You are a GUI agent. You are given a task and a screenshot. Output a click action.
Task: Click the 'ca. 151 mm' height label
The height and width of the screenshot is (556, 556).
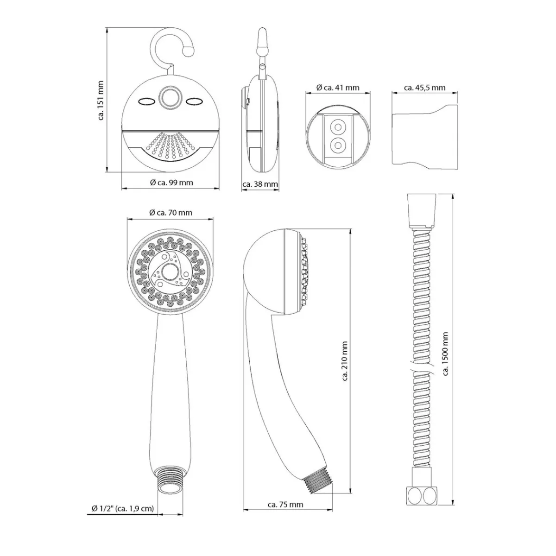(101, 100)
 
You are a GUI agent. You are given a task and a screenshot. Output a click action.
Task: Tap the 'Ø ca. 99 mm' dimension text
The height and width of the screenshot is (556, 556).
(171, 183)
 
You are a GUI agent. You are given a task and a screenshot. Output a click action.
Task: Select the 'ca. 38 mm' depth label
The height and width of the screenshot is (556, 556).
(260, 184)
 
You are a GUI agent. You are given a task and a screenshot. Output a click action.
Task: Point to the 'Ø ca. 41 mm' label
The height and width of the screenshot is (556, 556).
(338, 88)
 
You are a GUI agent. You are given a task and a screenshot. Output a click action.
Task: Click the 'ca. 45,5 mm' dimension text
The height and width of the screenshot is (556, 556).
(425, 88)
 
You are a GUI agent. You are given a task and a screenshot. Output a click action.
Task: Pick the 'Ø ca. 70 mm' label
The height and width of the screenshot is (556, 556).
(171, 213)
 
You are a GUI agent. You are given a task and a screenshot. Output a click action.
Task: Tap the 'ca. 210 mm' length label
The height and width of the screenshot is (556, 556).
(345, 361)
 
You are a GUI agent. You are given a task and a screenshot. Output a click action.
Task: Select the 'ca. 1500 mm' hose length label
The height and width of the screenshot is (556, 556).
(445, 354)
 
